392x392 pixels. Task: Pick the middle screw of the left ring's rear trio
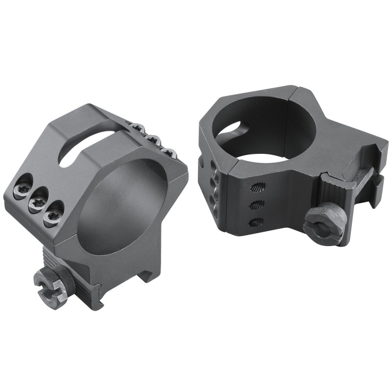[x=153, y=141]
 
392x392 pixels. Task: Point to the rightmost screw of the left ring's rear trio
[x=170, y=153]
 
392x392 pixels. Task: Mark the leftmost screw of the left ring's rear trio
[x=138, y=129]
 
